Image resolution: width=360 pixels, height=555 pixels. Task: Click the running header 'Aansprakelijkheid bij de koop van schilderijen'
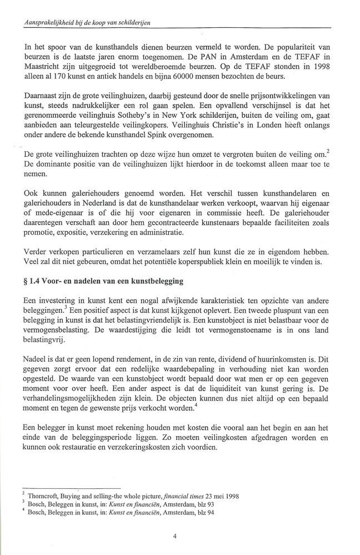(85, 22)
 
